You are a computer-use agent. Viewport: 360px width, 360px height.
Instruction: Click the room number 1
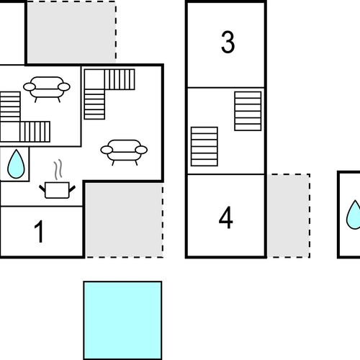click(x=39, y=232)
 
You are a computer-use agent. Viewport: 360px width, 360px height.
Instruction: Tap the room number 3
click(x=228, y=42)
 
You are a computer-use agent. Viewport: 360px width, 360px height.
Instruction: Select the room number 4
click(x=226, y=217)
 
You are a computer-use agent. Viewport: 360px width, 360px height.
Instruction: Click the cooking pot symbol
click(x=57, y=190)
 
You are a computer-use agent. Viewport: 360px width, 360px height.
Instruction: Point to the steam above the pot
click(x=58, y=169)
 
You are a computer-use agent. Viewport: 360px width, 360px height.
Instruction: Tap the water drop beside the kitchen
click(x=16, y=164)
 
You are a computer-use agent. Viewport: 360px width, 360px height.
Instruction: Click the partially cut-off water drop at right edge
click(x=354, y=215)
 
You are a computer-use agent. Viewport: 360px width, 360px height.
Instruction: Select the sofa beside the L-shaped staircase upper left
click(x=47, y=89)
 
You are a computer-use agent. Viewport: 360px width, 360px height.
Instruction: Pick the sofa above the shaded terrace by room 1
click(x=124, y=152)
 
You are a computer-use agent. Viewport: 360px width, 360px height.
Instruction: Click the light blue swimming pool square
click(x=122, y=320)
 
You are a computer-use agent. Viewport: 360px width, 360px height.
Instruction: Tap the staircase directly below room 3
click(x=248, y=111)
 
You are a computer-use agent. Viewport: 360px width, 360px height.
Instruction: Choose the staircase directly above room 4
click(x=204, y=146)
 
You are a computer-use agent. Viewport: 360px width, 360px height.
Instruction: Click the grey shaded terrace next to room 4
click(x=289, y=216)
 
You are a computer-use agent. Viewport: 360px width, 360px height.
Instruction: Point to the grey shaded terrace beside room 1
click(x=125, y=220)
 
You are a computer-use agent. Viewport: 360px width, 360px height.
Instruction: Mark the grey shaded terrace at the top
click(x=71, y=32)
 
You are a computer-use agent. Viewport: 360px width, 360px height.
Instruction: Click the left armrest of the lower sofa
click(x=107, y=150)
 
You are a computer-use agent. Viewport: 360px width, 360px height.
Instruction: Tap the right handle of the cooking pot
click(x=72, y=189)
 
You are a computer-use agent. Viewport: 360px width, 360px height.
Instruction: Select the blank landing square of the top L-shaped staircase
click(x=94, y=79)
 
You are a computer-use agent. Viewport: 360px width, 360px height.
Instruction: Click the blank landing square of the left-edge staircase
click(x=10, y=132)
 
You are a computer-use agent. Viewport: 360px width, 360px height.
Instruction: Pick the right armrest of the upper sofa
click(x=64, y=87)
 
